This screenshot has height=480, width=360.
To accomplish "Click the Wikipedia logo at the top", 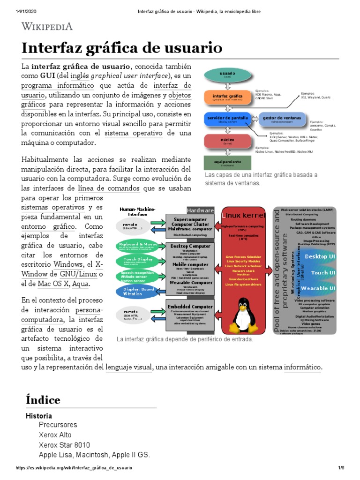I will click(47, 26).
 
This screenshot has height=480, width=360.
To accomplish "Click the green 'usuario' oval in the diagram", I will click(227, 75).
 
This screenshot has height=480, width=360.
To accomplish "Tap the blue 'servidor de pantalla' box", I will click(227, 119).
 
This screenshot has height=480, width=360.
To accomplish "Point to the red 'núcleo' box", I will click(227, 141).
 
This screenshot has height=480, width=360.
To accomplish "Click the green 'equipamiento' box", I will click(227, 163).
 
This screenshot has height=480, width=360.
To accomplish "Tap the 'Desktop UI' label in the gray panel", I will click(320, 256).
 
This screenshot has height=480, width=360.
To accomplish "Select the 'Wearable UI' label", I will click(320, 288).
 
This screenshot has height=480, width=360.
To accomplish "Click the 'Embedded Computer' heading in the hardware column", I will click(190, 307).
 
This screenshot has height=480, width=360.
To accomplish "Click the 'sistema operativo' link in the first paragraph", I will click(134, 134).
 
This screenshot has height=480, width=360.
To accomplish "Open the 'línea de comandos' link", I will click(109, 188).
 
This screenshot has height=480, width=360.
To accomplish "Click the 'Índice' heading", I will click(43, 400).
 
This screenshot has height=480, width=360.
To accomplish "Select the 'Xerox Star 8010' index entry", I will click(64, 445).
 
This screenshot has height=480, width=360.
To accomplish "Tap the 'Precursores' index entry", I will click(58, 425).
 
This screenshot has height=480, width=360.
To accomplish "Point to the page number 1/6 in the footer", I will click(341, 468).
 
